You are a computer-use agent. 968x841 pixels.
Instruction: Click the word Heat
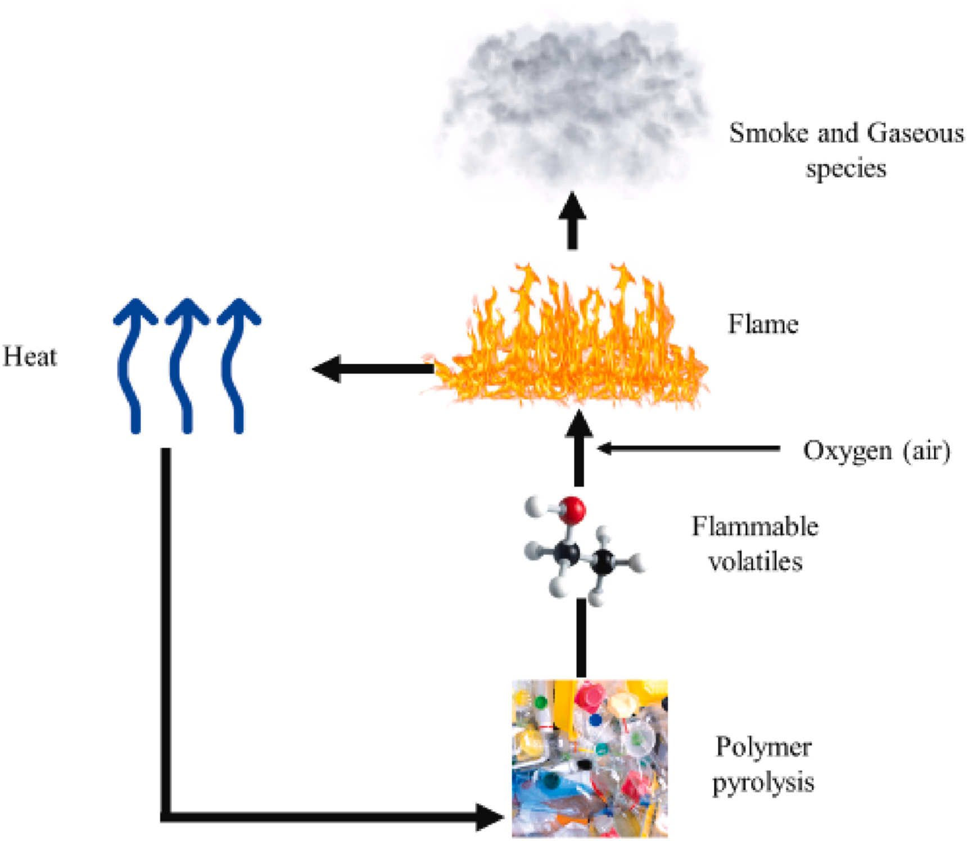[30, 356]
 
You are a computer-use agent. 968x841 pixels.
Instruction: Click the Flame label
[763, 324]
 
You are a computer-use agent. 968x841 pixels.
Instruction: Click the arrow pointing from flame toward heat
[371, 369]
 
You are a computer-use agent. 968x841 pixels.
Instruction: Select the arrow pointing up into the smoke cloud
[572, 222]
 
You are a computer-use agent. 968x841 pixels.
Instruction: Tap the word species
[845, 168]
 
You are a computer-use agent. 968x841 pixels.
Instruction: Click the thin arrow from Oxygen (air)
[686, 448]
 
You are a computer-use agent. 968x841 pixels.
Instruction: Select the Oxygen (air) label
[876, 450]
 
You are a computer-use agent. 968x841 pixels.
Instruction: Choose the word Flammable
[754, 527]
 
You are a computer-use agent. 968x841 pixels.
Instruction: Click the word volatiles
[754, 562]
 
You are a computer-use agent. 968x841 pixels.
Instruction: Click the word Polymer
[763, 747]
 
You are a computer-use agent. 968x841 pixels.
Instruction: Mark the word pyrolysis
[763, 783]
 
